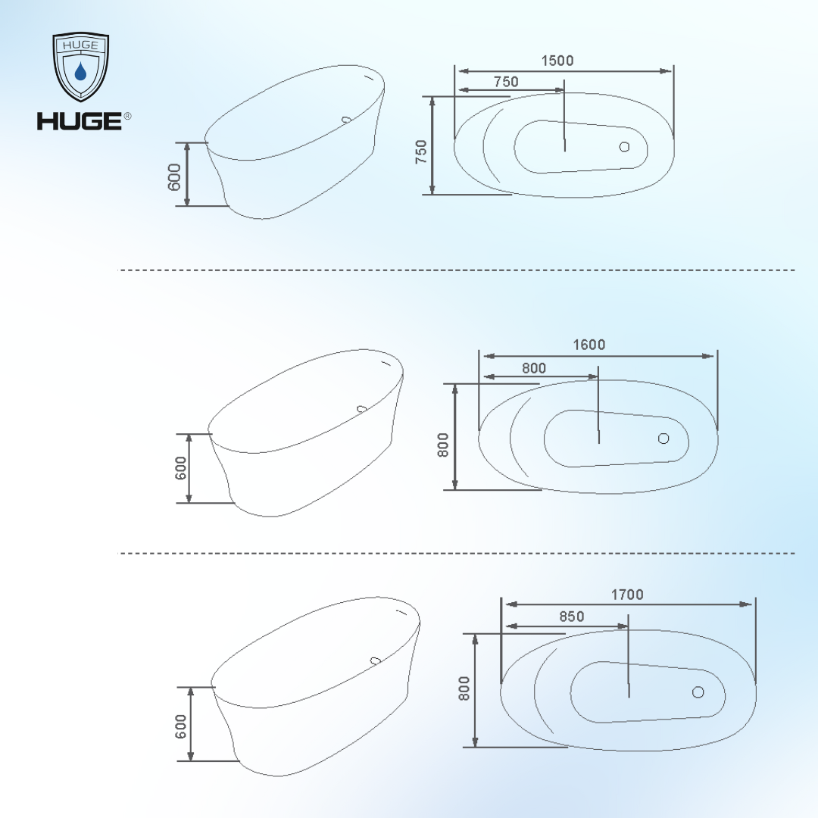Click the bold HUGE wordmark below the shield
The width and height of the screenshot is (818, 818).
click(80, 121)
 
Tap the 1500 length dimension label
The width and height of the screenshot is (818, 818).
click(557, 61)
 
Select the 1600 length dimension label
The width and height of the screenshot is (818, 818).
click(589, 345)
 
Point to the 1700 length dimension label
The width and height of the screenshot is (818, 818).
click(627, 595)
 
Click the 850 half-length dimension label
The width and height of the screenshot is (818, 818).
click(572, 617)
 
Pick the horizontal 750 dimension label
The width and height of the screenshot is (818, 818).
click(506, 82)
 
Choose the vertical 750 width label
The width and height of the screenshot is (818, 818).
click(421, 151)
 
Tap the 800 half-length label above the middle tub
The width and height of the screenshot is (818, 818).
click(534, 368)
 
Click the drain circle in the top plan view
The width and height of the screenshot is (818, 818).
click(624, 147)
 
